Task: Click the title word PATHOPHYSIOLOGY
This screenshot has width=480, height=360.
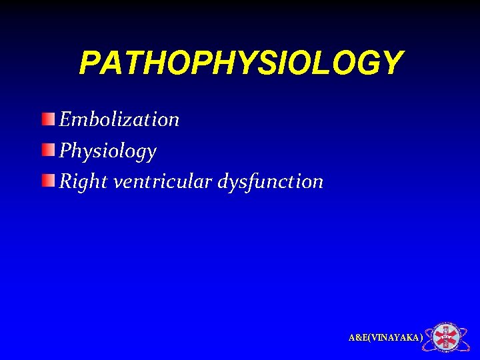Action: (x=240, y=63)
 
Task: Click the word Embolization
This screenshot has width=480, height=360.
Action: (x=119, y=119)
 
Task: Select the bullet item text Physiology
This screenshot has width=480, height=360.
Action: (x=108, y=151)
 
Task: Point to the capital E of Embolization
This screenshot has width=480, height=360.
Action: (x=65, y=119)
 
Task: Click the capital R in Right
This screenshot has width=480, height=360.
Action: (x=65, y=181)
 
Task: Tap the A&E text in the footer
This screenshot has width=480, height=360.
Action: (x=357, y=338)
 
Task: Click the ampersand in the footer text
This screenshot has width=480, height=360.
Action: (x=357, y=338)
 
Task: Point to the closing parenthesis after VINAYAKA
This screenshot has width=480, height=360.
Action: (x=421, y=338)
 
